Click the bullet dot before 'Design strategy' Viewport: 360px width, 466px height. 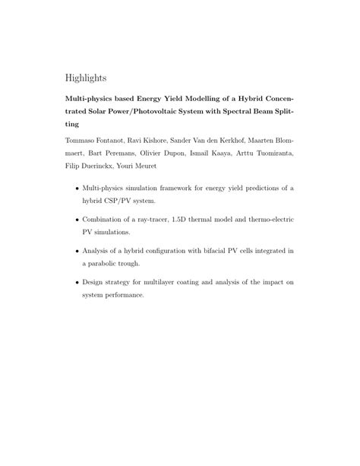tap(75, 281)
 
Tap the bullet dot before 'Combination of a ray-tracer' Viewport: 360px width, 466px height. tap(75, 219)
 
